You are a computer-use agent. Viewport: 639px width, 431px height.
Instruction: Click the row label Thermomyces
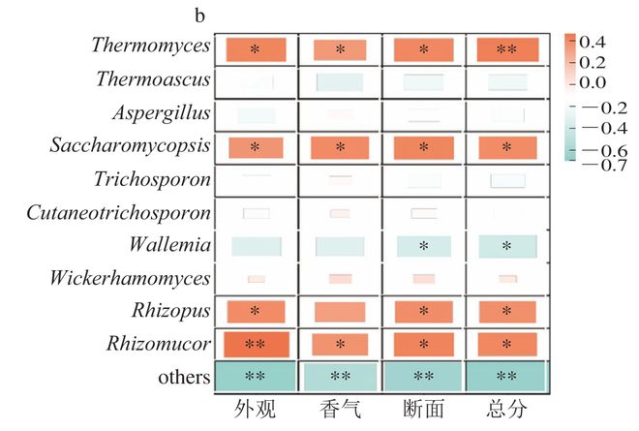click(x=153, y=45)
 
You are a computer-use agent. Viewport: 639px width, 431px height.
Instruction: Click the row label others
click(x=184, y=377)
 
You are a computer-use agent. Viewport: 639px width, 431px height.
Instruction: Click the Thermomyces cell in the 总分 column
click(x=505, y=48)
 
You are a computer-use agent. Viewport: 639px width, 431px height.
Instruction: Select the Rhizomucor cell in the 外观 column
click(x=257, y=344)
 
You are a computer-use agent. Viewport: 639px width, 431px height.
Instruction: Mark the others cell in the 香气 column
click(x=340, y=376)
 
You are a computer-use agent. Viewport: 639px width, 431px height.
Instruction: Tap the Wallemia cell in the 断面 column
click(x=423, y=246)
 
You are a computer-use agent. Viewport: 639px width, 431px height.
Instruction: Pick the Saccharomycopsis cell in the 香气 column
click(x=340, y=147)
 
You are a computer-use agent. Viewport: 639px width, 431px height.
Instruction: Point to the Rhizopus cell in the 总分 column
click(x=505, y=311)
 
